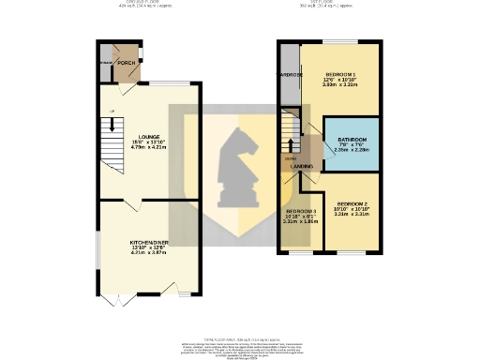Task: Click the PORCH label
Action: coord(126,64)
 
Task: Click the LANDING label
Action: coord(302,166)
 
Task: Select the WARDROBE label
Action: coord(290,73)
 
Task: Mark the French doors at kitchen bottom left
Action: coord(116,298)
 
